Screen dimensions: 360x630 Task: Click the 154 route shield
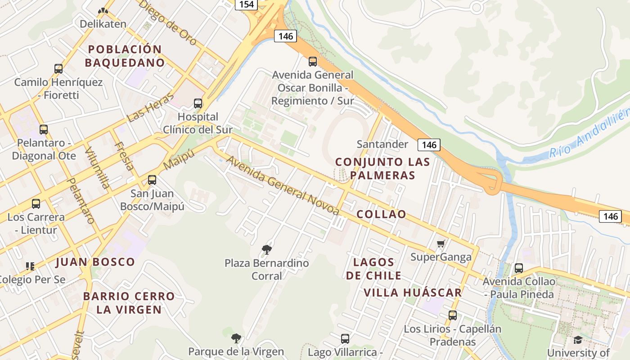click(x=246, y=4)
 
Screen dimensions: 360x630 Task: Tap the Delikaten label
click(x=103, y=23)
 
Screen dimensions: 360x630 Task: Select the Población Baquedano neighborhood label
click(x=125, y=56)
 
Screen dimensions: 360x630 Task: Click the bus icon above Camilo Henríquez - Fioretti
click(x=58, y=69)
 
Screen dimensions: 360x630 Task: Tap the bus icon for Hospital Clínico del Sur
click(x=198, y=103)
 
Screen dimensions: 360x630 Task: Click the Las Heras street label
click(x=150, y=108)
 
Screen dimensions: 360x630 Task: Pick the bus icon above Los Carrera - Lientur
click(x=36, y=204)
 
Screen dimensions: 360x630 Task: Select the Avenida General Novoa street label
click(x=283, y=185)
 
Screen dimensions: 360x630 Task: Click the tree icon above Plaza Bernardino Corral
click(x=267, y=249)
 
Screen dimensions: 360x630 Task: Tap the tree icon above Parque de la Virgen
click(x=236, y=338)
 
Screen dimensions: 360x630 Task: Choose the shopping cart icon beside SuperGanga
click(x=441, y=244)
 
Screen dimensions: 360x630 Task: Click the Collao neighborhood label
click(x=381, y=214)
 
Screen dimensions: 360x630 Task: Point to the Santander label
click(x=382, y=144)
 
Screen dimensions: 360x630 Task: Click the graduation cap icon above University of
click(x=578, y=340)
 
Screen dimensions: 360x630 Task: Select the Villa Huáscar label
click(x=413, y=292)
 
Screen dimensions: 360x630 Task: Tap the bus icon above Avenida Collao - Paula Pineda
click(x=518, y=268)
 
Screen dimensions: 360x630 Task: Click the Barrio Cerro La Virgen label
click(x=129, y=303)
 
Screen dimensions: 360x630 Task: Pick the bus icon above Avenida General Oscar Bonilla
click(x=313, y=62)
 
